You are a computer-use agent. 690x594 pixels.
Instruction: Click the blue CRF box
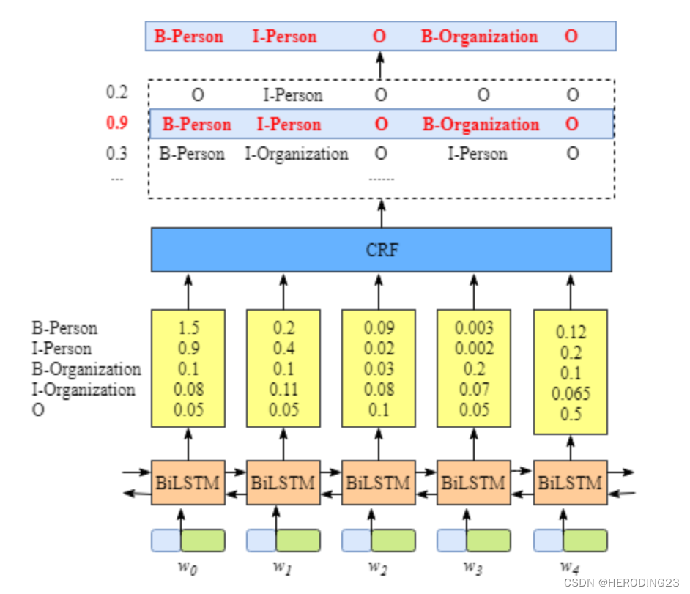pos(381,250)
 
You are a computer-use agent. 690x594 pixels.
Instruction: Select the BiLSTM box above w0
pos(188,483)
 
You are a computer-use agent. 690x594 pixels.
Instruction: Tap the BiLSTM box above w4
pos(570,483)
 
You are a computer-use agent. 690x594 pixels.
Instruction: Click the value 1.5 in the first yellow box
pos(188,328)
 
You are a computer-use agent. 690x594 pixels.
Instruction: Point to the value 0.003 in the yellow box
pos(474,328)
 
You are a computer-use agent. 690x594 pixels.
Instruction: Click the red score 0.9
pos(117,124)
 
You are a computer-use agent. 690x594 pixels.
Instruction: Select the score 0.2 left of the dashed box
pos(116,92)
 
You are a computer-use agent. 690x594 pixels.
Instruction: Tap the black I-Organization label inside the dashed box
pos(297,154)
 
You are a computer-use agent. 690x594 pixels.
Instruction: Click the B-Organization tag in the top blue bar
pos(479,37)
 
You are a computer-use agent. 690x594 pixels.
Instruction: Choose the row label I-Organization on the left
pos(83,390)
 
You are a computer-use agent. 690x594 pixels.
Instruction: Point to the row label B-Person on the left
pos(64,328)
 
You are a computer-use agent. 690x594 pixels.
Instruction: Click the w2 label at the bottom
pos(378,565)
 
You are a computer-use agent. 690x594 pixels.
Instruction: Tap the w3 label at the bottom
pos(473,565)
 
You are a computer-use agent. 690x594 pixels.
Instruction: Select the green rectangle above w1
pos(297,540)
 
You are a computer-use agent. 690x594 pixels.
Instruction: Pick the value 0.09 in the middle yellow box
pos(379,328)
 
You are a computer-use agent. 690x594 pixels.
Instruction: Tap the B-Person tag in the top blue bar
pos(188,37)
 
